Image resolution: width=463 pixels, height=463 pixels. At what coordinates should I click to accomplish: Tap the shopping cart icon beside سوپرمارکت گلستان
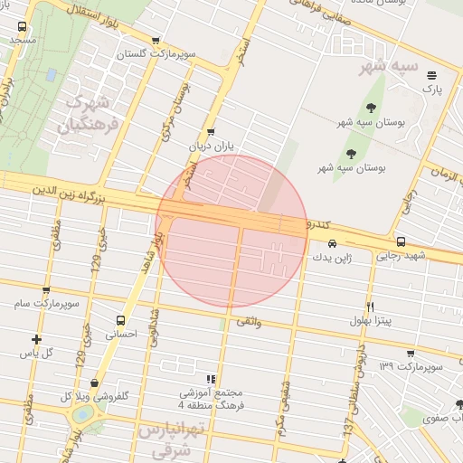coord(156,41)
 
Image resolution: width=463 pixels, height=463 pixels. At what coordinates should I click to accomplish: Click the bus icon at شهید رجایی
coord(401,241)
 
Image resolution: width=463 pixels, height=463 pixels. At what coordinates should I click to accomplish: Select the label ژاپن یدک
coord(330,257)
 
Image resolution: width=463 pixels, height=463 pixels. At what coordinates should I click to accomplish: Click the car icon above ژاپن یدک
coord(333,242)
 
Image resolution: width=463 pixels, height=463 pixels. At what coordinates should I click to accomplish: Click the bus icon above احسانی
coord(121,320)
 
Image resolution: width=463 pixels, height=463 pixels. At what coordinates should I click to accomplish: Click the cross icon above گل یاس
coord(37,339)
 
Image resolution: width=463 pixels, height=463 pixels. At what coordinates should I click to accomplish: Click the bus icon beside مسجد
coord(22,27)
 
